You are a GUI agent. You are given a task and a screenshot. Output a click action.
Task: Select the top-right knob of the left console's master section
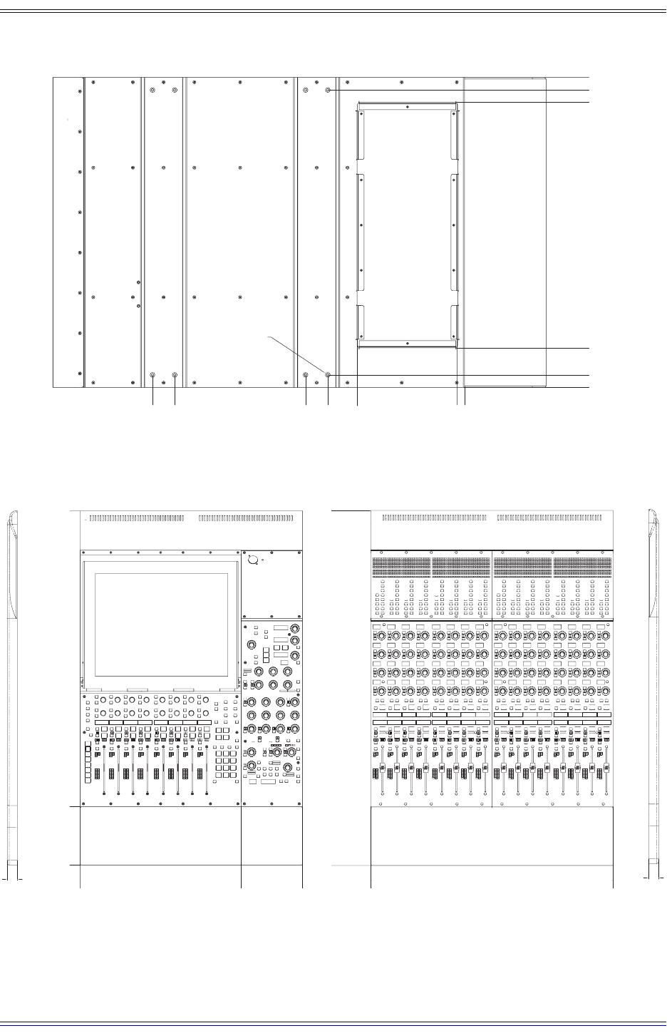(x=294, y=628)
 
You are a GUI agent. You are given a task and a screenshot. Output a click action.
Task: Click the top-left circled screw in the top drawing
(x=153, y=91)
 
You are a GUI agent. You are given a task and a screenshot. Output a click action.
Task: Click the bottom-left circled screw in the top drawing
(x=153, y=375)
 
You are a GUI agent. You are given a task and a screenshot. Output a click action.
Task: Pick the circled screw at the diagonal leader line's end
(x=328, y=375)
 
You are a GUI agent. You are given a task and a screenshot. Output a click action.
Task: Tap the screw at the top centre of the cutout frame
(x=406, y=106)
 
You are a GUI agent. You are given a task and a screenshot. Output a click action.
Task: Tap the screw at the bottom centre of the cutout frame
(x=406, y=344)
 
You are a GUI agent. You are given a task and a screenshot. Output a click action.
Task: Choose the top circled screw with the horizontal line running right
(x=328, y=91)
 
